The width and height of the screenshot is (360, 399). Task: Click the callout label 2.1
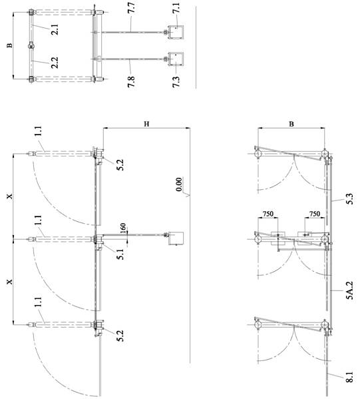pyautogui.click(x=55, y=29)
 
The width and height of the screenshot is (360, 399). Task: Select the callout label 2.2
pyautogui.click(x=55, y=63)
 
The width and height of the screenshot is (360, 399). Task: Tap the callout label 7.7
pyautogui.click(x=132, y=8)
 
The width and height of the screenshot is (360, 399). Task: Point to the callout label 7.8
pyautogui.click(x=131, y=82)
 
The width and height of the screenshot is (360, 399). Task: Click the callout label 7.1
pyautogui.click(x=176, y=8)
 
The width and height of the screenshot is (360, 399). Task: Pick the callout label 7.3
pyautogui.click(x=176, y=82)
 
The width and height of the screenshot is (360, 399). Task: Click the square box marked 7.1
pyautogui.click(x=176, y=33)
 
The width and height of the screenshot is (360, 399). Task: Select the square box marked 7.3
pyautogui.click(x=176, y=59)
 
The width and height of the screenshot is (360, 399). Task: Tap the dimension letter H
pyautogui.click(x=146, y=124)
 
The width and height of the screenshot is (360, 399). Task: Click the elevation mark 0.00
pyautogui.click(x=179, y=185)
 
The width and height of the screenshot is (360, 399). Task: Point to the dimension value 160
pyautogui.click(x=122, y=228)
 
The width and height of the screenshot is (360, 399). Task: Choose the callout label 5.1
pyautogui.click(x=120, y=254)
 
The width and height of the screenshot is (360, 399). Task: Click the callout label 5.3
pyautogui.click(x=350, y=199)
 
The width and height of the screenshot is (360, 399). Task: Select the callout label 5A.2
pyautogui.click(x=350, y=290)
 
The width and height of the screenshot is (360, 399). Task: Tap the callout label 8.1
pyautogui.click(x=350, y=377)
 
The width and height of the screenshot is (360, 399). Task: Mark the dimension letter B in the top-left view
pyautogui.click(x=9, y=45)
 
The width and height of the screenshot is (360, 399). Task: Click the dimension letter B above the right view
pyautogui.click(x=291, y=124)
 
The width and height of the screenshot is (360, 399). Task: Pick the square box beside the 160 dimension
pyautogui.click(x=176, y=238)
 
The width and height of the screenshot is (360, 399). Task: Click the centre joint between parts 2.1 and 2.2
pyautogui.click(x=31, y=45)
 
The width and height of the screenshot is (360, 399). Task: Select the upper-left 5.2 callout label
pyautogui.click(x=120, y=165)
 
